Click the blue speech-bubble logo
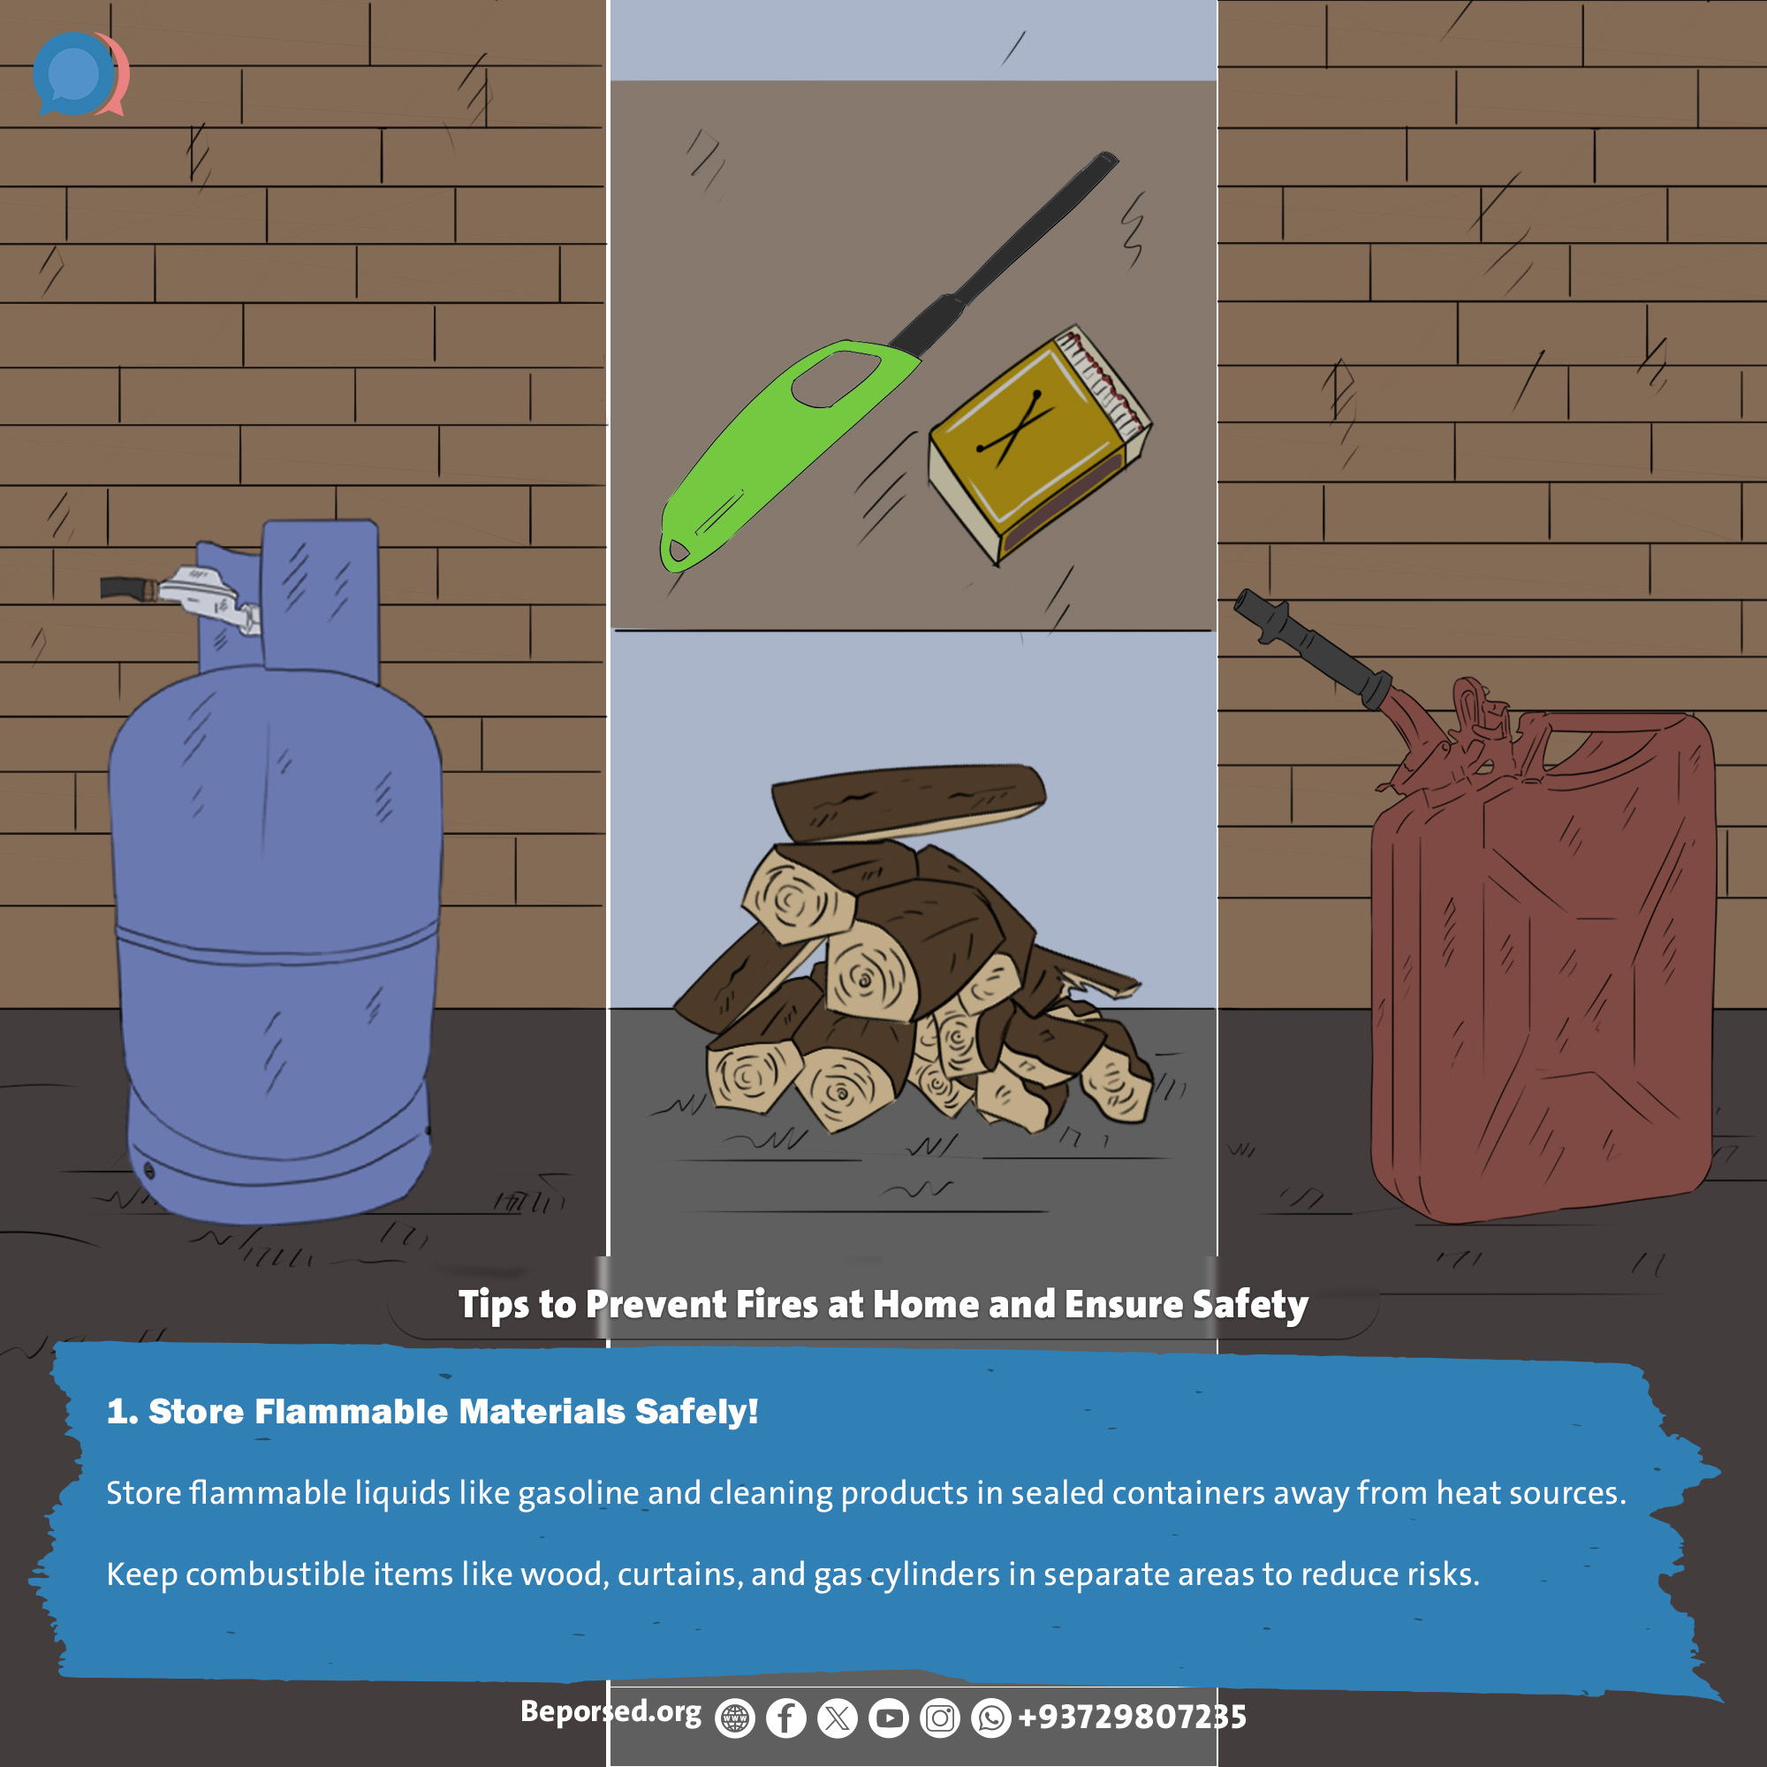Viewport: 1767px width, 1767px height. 75,74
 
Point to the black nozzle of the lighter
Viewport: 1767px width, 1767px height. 1006,252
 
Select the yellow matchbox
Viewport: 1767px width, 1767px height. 1039,444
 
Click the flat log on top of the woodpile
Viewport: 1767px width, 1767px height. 907,801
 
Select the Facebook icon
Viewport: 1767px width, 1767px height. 785,1718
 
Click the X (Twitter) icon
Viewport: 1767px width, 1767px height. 837,1718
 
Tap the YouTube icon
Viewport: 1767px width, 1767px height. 888,1718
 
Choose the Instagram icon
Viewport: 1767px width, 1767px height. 939,1718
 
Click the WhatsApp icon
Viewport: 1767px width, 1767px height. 990,1718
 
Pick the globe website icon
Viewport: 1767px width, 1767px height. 734,1718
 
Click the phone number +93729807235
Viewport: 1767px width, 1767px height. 1133,1717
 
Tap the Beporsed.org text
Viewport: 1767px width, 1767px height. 611,1711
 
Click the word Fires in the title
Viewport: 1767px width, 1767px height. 777,1304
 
